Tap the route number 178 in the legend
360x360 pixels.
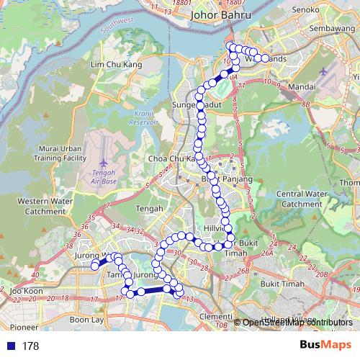pyautogui.click(x=30, y=346)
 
